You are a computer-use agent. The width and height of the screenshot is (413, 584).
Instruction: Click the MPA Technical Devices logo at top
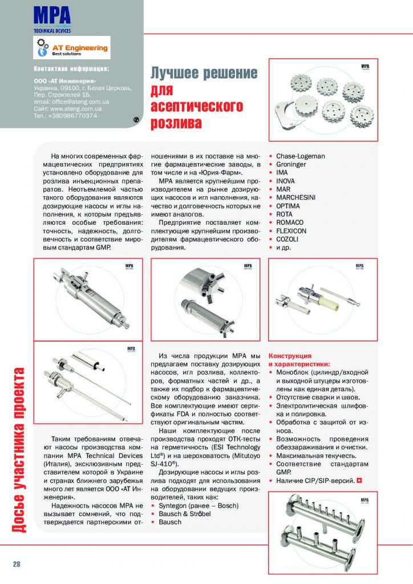point(52,18)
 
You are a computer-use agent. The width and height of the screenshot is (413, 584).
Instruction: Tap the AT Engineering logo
point(72,48)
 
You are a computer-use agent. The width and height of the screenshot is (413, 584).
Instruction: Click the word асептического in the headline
point(196,107)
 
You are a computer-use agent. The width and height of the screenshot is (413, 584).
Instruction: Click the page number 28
point(17,564)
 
